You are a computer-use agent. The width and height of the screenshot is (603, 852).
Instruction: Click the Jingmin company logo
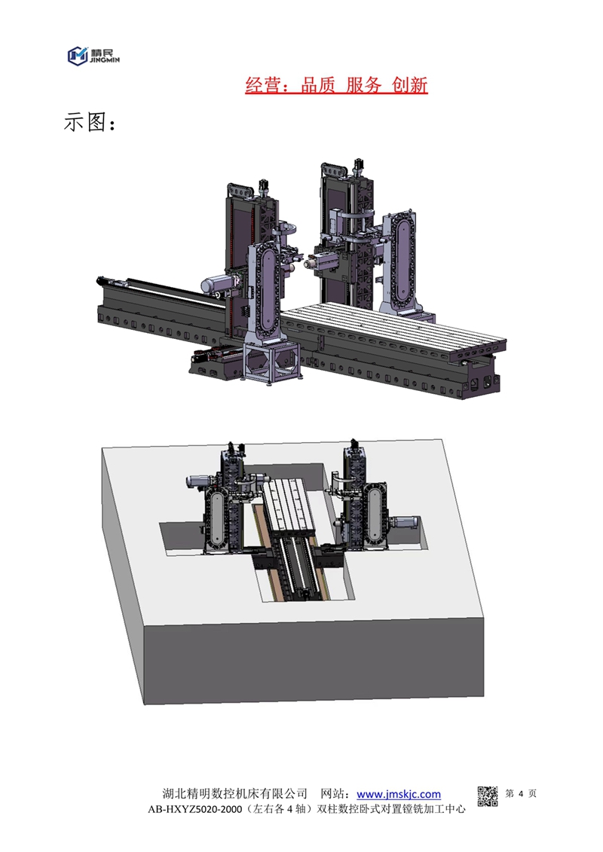point(93,56)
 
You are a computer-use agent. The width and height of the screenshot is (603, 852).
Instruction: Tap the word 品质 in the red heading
point(317,85)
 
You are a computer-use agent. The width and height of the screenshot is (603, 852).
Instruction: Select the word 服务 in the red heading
point(363,85)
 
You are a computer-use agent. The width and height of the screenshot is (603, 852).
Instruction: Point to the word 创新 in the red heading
point(410,85)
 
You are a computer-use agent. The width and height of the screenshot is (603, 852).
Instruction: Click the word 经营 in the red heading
point(262,85)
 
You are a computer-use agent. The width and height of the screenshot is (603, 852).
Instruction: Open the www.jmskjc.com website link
point(399,794)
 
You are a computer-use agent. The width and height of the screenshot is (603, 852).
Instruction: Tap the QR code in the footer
point(487,796)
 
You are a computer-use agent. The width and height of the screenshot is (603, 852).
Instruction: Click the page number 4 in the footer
point(521,794)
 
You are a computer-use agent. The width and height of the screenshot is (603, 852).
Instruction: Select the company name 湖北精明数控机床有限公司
point(235,794)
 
